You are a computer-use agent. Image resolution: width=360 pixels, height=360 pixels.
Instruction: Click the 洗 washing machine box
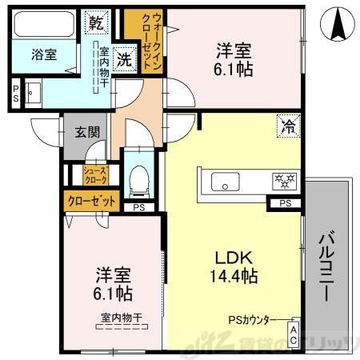[124, 58]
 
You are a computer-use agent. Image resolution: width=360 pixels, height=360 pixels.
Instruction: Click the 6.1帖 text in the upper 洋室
[234, 70]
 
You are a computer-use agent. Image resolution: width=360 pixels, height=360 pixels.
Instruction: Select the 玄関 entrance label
[87, 133]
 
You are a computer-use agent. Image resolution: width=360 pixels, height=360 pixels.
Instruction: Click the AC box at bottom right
[294, 334]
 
